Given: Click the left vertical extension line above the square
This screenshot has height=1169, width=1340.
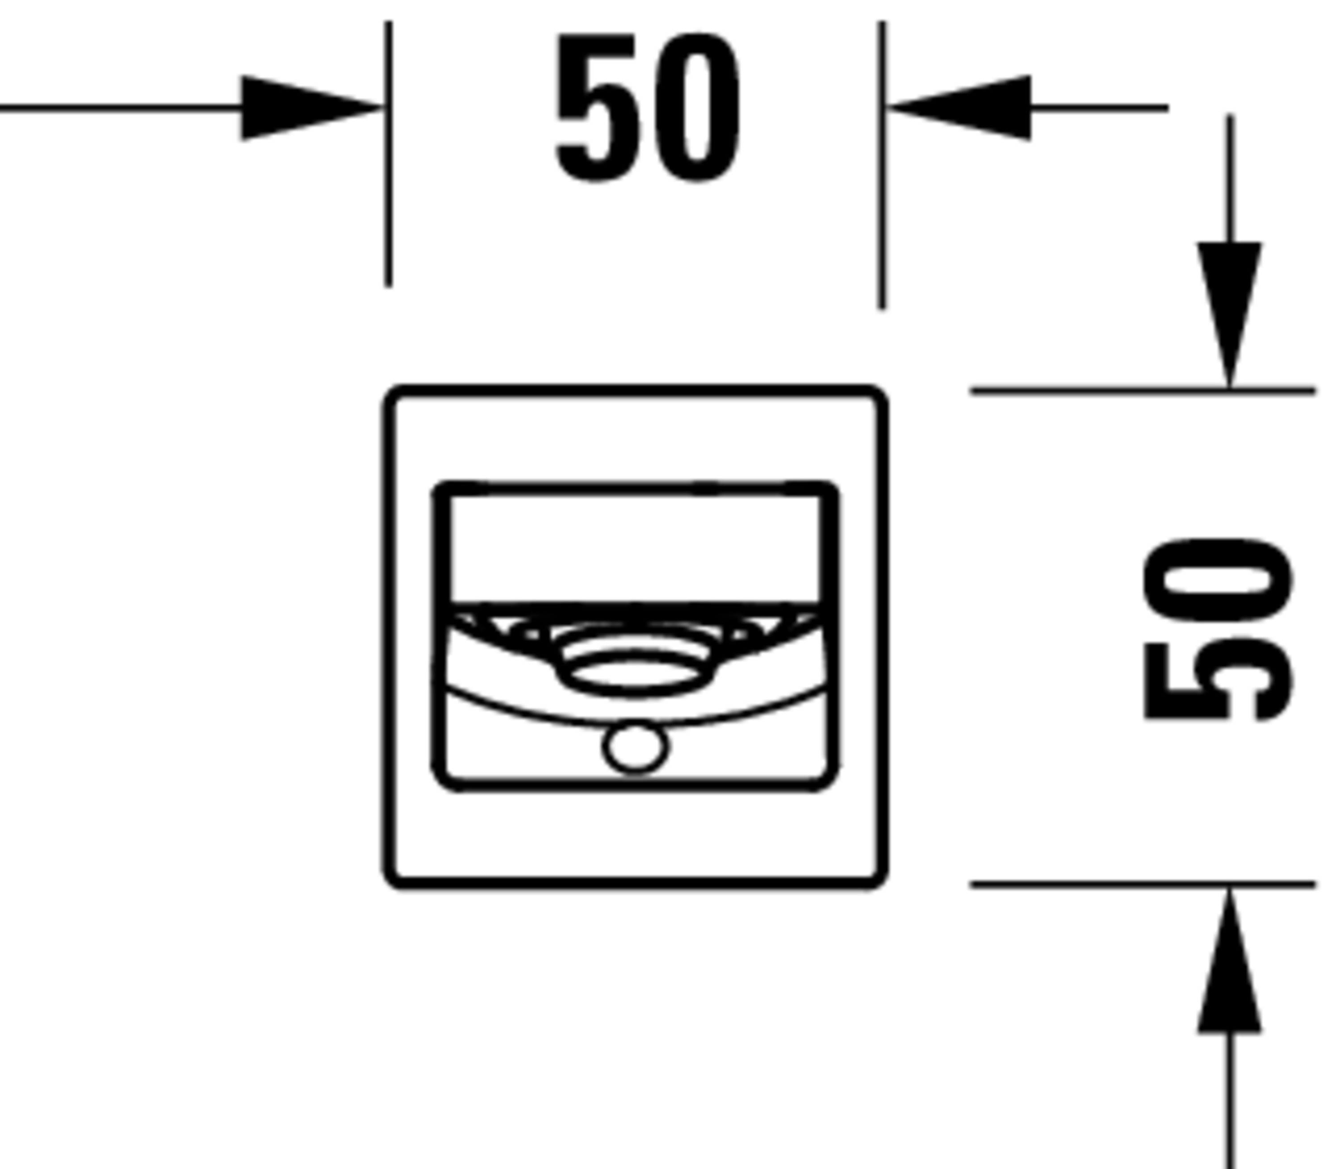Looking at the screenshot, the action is [388, 154].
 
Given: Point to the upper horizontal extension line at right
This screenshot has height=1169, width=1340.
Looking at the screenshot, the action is [1142, 391].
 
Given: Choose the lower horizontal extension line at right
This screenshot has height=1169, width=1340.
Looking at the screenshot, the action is [1142, 884].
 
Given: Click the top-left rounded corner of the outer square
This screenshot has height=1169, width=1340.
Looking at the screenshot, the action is [394, 397].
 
